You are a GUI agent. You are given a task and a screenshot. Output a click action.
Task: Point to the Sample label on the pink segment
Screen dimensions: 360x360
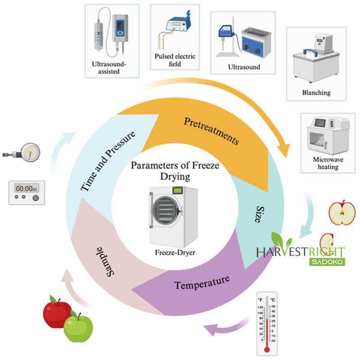coord(105,260)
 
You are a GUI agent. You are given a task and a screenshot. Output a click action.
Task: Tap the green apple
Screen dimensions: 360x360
coord(78,327)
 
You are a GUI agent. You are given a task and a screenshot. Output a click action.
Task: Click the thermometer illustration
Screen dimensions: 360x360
coord(267,324)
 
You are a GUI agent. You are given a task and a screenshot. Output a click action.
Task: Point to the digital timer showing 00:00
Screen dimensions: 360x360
coord(27,192)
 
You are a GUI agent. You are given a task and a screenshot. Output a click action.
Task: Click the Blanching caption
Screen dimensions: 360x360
coord(316,93)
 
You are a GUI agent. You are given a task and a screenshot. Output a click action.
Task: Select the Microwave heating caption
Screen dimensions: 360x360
coord(325,163)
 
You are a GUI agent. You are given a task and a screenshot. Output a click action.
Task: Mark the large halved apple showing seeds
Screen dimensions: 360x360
coord(342,212)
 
